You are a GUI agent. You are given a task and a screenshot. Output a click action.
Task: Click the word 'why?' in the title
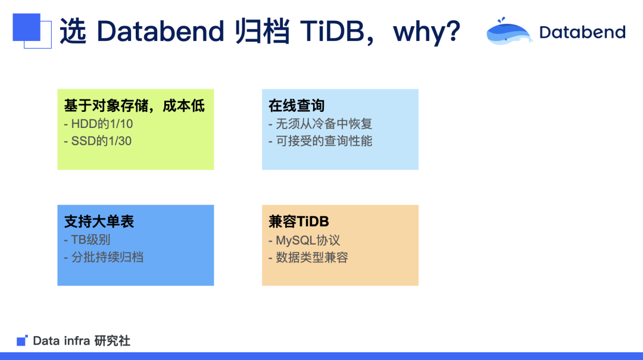tap(426, 32)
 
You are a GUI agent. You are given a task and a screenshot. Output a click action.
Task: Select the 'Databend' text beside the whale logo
tap(582, 32)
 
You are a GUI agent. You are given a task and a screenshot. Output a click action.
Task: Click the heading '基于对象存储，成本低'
tap(135, 106)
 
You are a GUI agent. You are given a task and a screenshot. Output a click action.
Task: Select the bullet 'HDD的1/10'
tap(98, 124)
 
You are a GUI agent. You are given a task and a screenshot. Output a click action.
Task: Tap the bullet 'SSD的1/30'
tap(98, 141)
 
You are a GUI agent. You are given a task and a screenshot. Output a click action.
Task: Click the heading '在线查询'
tap(296, 106)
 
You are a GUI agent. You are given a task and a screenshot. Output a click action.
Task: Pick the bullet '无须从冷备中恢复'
tap(320, 124)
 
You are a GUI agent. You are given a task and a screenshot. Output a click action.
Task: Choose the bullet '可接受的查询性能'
tap(320, 141)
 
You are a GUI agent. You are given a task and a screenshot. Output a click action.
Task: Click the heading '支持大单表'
tap(99, 221)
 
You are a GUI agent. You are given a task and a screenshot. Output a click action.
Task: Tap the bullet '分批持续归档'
tap(103, 257)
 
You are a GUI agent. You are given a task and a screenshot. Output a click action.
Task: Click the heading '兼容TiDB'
tap(299, 221)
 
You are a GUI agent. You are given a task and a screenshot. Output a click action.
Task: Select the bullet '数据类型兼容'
tap(308, 257)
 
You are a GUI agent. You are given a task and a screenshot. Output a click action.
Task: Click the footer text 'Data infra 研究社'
tap(82, 341)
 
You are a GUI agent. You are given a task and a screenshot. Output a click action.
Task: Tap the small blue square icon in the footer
tap(22, 341)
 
